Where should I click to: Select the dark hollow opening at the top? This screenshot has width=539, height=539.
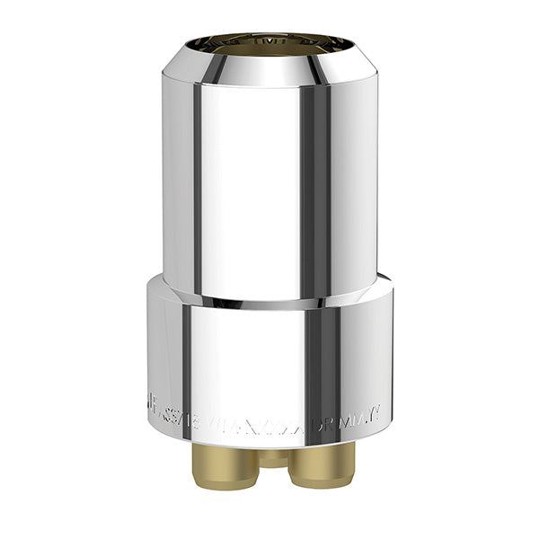(x=269, y=42)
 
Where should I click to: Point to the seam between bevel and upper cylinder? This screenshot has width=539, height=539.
(x=269, y=86)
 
